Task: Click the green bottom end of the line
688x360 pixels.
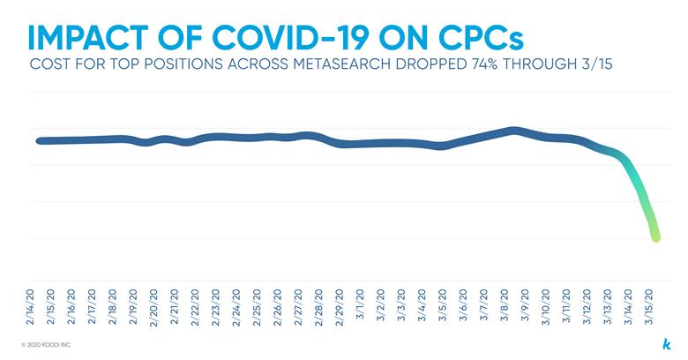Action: tap(655, 236)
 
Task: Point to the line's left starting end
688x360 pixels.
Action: tap(39, 140)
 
